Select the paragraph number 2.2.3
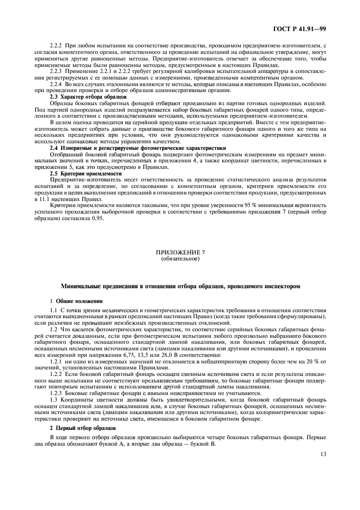56,71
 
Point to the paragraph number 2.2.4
56,84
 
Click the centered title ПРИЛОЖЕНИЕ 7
180,253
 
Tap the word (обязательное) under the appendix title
180,259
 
